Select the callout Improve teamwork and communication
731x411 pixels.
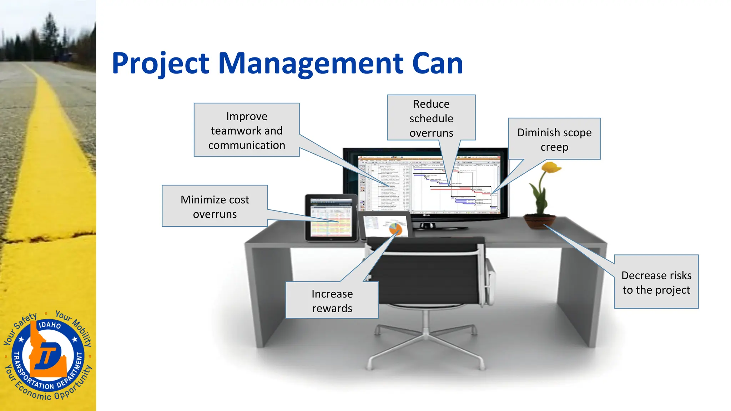coord(247,130)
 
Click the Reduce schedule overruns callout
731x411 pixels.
coord(431,118)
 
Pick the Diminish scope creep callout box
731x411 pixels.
coord(554,139)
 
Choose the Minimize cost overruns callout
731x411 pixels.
coord(215,206)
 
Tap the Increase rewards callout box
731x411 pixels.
coord(332,300)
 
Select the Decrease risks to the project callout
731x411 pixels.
coord(656,282)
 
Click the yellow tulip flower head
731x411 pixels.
coord(551,167)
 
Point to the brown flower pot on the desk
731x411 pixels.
coord(540,221)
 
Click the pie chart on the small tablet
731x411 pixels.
coord(395,228)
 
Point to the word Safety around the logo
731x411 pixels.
coord(25,321)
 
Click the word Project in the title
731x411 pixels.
coord(160,64)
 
